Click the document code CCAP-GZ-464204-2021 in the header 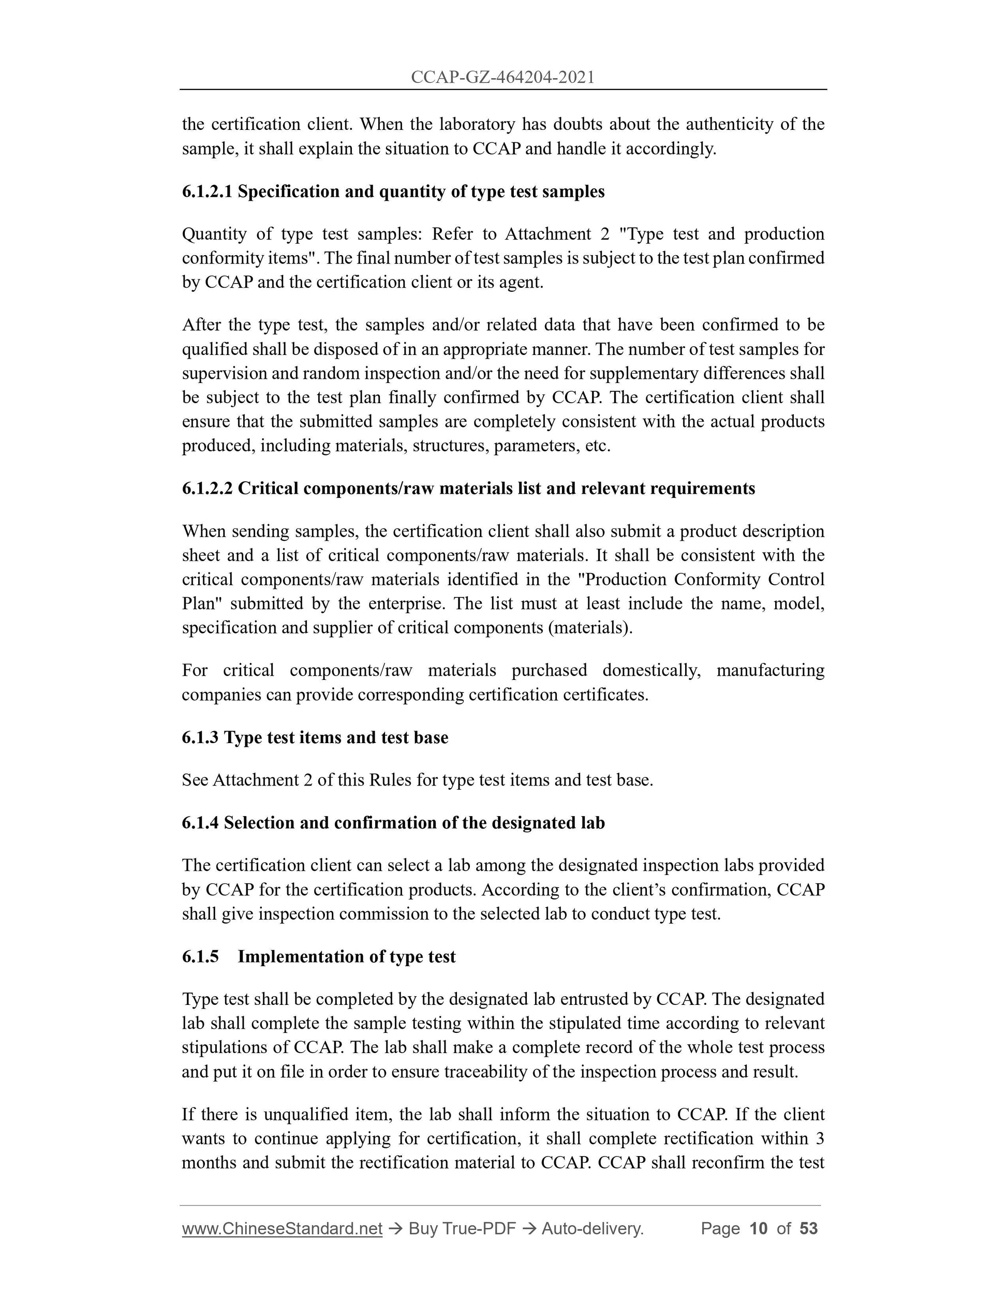[503, 77]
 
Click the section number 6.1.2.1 [207, 191]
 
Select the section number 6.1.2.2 [207, 488]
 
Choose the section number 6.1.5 [200, 956]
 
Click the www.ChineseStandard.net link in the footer [282, 1228]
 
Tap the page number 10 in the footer [758, 1228]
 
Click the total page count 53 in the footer [808, 1228]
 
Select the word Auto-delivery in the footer [592, 1228]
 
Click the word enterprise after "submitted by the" [406, 603]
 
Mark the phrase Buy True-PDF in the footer [461, 1228]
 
